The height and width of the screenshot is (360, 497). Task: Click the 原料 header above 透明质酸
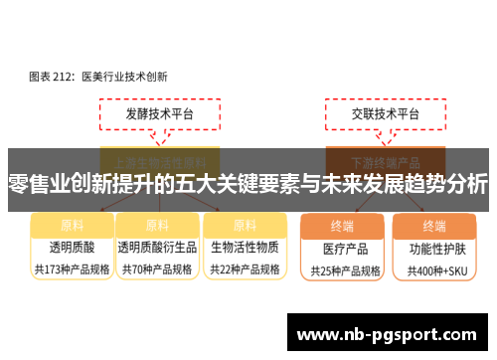(x=72, y=225)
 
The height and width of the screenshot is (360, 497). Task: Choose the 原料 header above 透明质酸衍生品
(x=156, y=225)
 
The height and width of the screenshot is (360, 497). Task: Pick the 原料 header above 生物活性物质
(x=245, y=225)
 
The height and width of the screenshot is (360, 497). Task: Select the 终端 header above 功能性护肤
(x=434, y=225)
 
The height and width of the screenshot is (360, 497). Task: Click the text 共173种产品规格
(x=72, y=269)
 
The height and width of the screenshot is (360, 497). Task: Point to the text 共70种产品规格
(x=156, y=269)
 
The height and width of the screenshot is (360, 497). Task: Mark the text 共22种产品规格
(x=245, y=269)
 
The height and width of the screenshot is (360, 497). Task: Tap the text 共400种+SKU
(x=434, y=270)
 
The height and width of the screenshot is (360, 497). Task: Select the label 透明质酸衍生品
(x=156, y=247)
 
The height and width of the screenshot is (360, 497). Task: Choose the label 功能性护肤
(x=434, y=248)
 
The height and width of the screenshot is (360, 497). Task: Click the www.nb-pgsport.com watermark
(x=387, y=334)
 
